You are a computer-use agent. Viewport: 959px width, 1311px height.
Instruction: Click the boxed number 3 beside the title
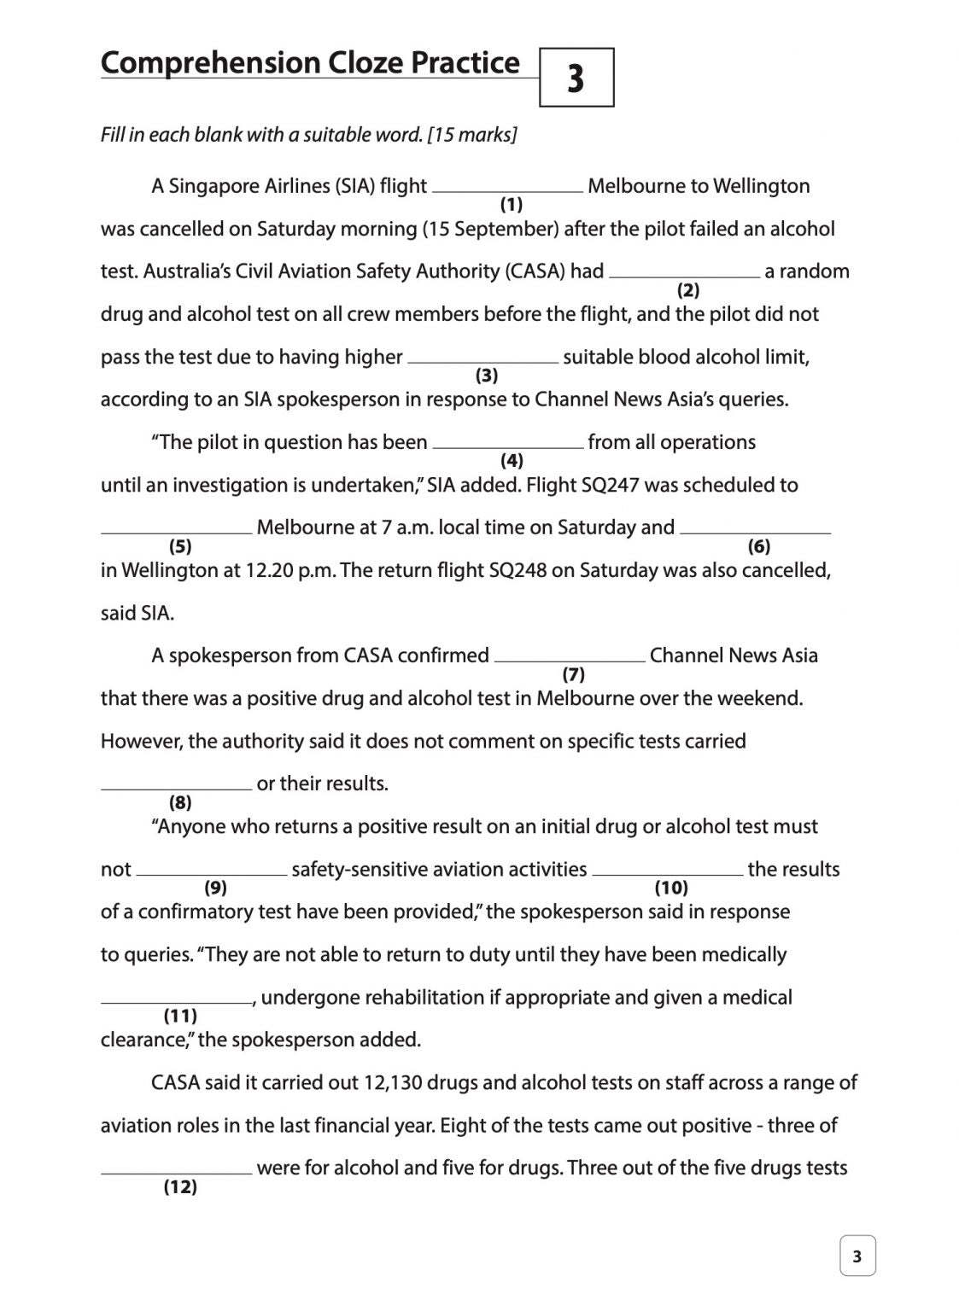pos(576,78)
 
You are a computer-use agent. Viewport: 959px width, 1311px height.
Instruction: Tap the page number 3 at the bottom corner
pos(857,1256)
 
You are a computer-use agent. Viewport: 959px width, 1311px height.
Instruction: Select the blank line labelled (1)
pos(508,190)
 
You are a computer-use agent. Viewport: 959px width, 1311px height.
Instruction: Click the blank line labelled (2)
pos(685,276)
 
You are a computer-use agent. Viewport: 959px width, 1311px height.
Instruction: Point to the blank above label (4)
pos(508,446)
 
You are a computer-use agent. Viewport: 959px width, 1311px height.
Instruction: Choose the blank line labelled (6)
pos(755,532)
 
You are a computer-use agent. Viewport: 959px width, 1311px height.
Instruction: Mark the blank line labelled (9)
pos(212,873)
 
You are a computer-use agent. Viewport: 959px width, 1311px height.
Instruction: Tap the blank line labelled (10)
pos(668,873)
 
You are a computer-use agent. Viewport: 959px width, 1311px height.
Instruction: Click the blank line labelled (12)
pos(177,1172)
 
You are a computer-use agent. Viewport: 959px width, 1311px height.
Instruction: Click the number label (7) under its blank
pos(574,674)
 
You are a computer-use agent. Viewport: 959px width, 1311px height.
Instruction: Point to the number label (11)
pos(180,1016)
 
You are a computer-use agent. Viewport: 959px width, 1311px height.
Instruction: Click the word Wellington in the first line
pos(761,186)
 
